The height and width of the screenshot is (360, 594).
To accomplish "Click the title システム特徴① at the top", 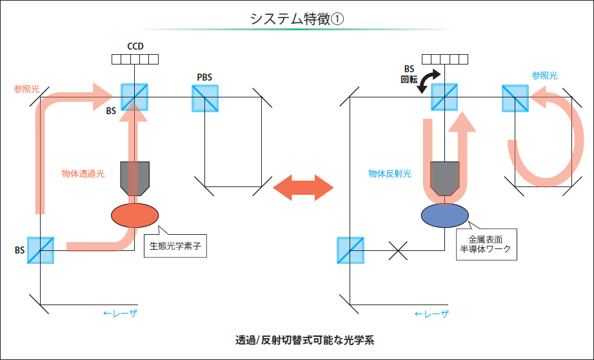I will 297,19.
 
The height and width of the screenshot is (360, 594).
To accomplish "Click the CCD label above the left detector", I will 135,46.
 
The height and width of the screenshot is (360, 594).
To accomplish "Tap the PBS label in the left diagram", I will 204,77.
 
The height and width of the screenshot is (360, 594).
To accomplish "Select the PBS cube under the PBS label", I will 205,97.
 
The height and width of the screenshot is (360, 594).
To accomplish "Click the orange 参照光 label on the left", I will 26,88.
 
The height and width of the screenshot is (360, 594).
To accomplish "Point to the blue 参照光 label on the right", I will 544,75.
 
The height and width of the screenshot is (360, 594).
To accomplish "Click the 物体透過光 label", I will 83,174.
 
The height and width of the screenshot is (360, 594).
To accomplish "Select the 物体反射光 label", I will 390,174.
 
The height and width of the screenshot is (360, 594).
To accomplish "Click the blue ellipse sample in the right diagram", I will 445,216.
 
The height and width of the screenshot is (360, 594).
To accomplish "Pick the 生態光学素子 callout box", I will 175,246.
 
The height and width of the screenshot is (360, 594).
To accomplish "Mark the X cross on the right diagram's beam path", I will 399,251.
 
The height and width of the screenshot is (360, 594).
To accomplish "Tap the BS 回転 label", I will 409,74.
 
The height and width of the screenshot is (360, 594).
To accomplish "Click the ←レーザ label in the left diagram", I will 120,314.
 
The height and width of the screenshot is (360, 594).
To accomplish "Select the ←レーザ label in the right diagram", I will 431,314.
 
